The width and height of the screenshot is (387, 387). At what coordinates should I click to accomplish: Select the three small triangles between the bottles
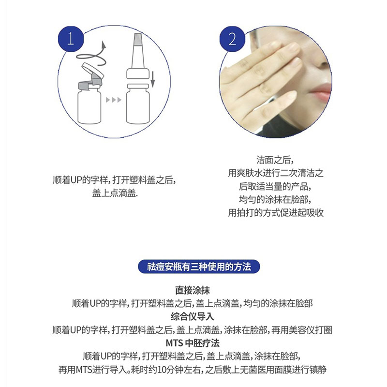click(113, 100)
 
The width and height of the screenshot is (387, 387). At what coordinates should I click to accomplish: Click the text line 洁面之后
click(275, 160)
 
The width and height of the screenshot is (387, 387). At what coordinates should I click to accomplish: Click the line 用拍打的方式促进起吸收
click(275, 213)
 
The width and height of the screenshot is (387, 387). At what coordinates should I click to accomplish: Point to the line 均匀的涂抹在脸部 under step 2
click(275, 200)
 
